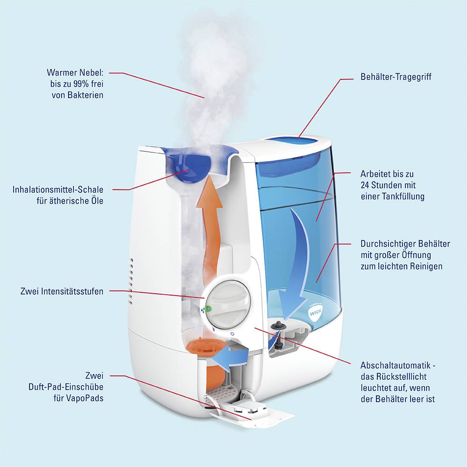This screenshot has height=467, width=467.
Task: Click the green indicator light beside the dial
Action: [x=209, y=308]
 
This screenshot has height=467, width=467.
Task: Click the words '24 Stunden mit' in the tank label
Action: [x=387, y=185]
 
